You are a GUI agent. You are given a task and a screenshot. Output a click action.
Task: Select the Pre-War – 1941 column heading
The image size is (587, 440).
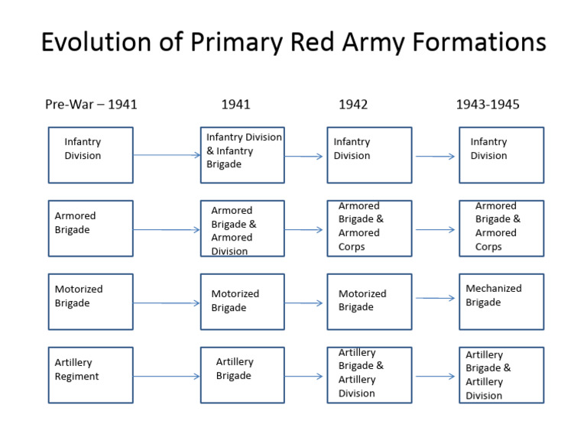(x=91, y=105)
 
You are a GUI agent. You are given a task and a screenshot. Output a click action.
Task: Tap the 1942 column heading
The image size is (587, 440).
(x=353, y=105)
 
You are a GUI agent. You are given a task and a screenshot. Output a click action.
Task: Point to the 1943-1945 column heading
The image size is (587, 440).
(x=488, y=105)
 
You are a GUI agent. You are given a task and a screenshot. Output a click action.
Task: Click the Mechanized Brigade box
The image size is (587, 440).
(x=501, y=302)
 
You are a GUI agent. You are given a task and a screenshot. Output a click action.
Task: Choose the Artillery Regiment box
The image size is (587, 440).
(x=90, y=375)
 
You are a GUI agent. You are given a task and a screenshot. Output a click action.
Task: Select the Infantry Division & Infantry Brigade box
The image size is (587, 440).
(x=242, y=155)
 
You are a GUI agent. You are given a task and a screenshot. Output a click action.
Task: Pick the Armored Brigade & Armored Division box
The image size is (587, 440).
(x=242, y=228)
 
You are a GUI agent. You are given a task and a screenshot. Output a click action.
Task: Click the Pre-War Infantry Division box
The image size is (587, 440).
(x=90, y=155)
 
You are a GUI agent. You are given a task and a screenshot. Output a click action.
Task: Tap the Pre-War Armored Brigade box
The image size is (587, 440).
(x=90, y=228)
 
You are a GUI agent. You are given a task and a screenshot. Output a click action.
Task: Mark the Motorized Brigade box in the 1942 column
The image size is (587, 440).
(x=369, y=302)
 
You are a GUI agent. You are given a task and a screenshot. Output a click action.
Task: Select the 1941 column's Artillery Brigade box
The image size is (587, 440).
(x=242, y=375)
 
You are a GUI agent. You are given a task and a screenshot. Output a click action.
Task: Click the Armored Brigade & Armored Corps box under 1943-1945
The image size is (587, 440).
(x=501, y=228)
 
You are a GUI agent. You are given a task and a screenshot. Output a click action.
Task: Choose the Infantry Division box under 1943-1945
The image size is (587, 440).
(x=501, y=155)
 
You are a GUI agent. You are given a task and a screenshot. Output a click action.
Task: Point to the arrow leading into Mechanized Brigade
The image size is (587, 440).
(x=436, y=299)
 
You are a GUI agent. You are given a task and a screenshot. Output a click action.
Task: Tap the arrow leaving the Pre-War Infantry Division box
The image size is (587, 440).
(x=167, y=155)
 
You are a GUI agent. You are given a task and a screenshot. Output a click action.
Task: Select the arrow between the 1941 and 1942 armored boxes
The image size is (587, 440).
(x=304, y=230)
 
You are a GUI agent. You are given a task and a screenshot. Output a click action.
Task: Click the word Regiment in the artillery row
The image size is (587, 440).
(x=76, y=377)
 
